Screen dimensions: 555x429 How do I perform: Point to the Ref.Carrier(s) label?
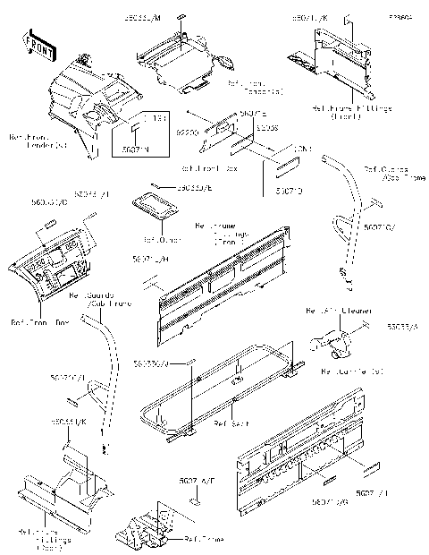pyautogui.click(x=352, y=371)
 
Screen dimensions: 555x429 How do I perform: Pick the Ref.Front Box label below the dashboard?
pyautogui.click(x=39, y=320)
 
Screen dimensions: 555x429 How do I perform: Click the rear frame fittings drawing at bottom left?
pyautogui.click(x=67, y=488)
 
